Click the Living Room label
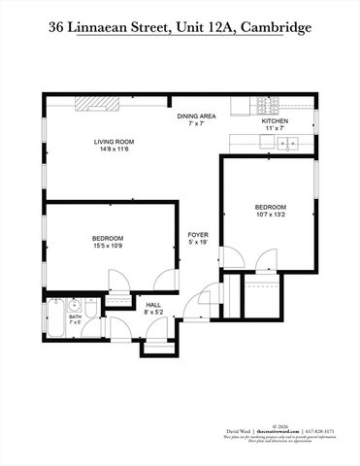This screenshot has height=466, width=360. tap(113, 142)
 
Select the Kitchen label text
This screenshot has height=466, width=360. tap(276, 121)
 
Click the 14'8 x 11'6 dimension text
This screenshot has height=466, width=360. tap(113, 150)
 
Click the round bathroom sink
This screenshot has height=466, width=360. tap(74, 306)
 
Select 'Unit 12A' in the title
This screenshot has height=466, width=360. tap(197, 28)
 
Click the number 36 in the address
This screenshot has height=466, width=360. tap(57, 28)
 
